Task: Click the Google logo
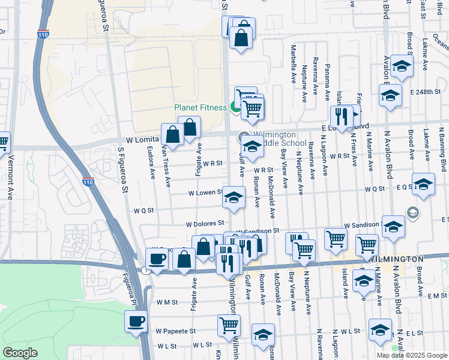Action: coord(20,353)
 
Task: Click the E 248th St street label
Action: coord(426,92)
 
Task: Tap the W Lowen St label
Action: coord(205,193)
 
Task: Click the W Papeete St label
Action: coord(176,331)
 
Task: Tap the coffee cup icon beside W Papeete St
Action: coord(136,321)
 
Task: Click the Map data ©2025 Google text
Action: coord(412,355)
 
